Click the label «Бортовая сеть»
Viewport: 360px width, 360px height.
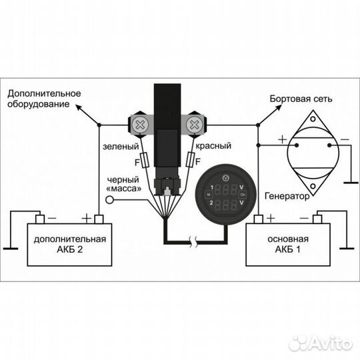tap(301, 99)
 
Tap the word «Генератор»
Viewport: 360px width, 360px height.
tap(287, 196)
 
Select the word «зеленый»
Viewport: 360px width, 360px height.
tap(121, 147)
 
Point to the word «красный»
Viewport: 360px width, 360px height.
tap(213, 146)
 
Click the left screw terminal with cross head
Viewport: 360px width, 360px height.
tap(140, 125)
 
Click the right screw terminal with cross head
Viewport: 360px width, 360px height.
tap(195, 125)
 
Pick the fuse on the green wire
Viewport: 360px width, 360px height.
tap(145, 160)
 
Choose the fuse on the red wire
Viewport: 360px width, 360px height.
tap(190, 159)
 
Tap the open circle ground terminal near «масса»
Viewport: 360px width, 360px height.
tap(109, 200)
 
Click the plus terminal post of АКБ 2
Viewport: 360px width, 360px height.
tap(99, 219)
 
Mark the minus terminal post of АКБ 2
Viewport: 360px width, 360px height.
tap(40, 219)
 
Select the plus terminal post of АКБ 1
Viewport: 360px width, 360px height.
tap(258, 219)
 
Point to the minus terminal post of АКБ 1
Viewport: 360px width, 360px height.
tap(317, 219)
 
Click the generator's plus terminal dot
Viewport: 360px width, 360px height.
tap(297, 145)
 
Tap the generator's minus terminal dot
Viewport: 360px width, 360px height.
tap(329, 145)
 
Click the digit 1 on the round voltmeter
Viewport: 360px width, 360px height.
tap(212, 187)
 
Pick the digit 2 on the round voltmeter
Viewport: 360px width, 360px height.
tap(211, 203)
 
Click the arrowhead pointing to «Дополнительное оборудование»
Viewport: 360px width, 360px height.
tap(79, 107)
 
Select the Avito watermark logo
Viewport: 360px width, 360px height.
tap(321, 344)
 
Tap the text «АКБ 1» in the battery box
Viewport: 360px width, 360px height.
tap(288, 249)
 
